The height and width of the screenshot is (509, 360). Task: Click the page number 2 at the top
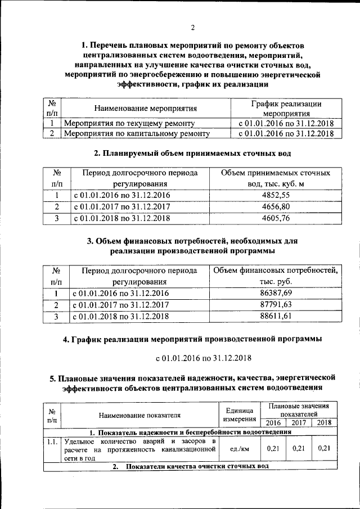tap(192, 28)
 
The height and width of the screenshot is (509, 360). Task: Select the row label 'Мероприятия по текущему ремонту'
tap(129, 123)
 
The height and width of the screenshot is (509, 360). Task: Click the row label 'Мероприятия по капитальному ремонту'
tap(137, 134)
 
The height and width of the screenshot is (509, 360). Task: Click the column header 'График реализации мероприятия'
tap(285, 108)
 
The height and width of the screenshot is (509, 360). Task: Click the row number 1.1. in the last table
tap(52, 442)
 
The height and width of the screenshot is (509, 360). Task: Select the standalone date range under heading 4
tap(202, 358)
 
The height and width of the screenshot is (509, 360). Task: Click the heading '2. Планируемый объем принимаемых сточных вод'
tap(192, 153)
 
